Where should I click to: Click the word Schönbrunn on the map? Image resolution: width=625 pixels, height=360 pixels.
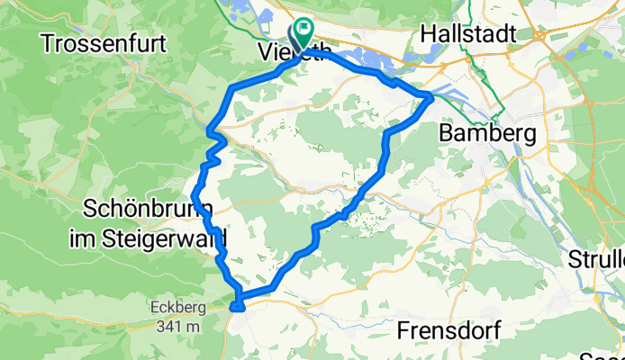coord(148,209)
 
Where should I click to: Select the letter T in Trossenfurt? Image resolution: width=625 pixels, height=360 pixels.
coord(48,41)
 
